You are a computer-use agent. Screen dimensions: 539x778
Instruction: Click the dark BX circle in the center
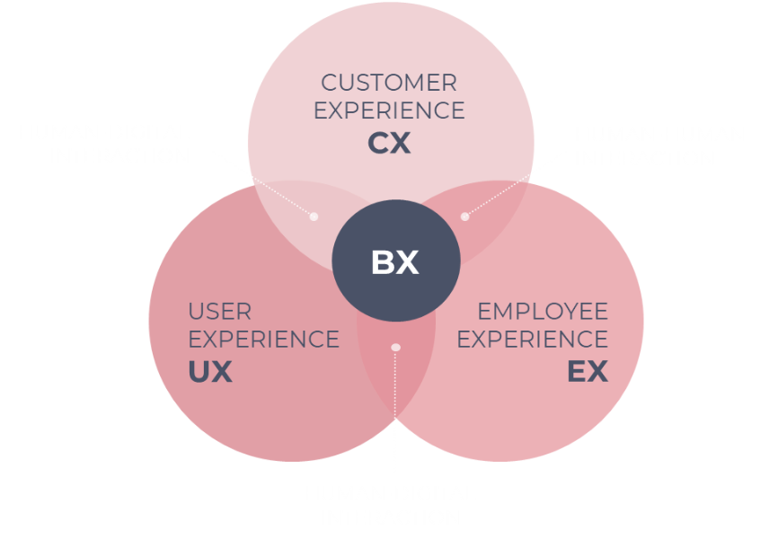pos(395,262)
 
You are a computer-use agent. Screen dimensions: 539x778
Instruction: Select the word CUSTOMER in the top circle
pos(389,84)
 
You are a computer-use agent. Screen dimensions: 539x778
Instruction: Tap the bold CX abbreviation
pos(389,144)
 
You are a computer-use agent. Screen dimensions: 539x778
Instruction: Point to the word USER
pos(220,313)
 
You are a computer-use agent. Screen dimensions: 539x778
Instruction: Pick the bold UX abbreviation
pos(210,372)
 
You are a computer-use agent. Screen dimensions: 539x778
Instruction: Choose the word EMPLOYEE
pos(543,313)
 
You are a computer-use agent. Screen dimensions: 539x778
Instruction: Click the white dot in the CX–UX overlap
pos(314,216)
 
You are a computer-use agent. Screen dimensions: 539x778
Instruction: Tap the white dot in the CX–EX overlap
pos(464,216)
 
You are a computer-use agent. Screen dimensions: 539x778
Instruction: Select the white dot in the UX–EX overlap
pos(395,347)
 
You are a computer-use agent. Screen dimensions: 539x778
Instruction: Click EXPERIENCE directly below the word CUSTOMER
pos(389,110)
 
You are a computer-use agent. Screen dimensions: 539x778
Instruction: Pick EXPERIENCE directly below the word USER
pos(263,340)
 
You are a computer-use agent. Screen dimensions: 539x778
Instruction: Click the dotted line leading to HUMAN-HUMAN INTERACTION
pos(519,183)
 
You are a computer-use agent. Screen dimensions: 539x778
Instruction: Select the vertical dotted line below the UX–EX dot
pos(394,413)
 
